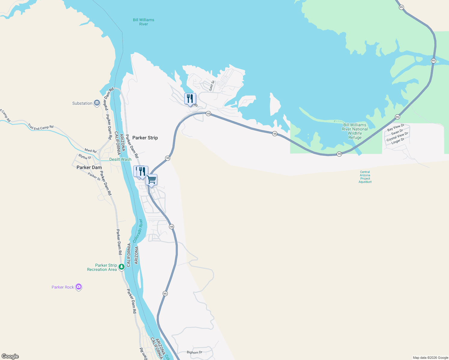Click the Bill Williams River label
click(143, 22)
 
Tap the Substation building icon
click(97, 103)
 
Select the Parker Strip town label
click(145, 138)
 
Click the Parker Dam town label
click(89, 167)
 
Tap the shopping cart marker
click(152, 180)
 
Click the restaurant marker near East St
click(190, 99)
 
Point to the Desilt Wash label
click(120, 159)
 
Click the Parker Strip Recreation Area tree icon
click(122, 267)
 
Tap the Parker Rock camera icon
click(79, 287)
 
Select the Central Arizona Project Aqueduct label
click(365, 177)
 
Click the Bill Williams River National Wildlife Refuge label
click(355, 131)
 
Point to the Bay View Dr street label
click(396, 127)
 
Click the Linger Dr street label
click(398, 141)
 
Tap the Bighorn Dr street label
click(194, 352)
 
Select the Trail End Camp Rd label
click(41, 127)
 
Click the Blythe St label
click(85, 157)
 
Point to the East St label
click(212, 85)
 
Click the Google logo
click(10, 356)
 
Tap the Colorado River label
click(138, 231)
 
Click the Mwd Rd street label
click(90, 150)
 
